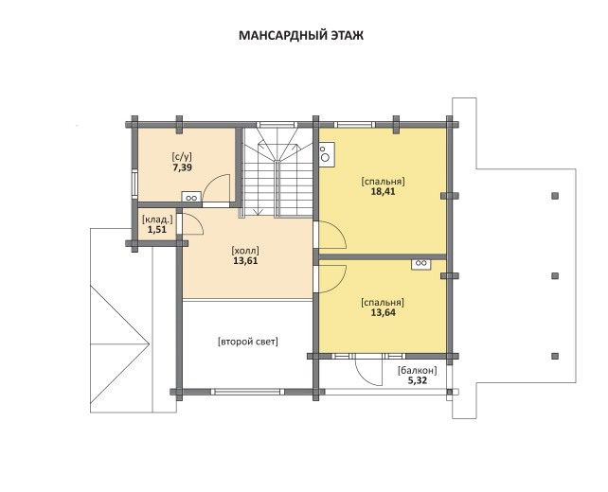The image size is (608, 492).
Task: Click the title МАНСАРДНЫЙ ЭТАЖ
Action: click(301, 35)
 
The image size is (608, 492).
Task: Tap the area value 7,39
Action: click(182, 167)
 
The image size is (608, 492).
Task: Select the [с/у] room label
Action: click(182, 157)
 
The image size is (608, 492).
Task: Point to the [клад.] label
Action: click(157, 220)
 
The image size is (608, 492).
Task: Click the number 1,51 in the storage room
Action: click(156, 229)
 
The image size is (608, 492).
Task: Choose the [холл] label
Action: click(245, 251)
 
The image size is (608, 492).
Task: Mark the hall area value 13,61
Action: click(245, 261)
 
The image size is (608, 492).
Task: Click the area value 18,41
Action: click(384, 191)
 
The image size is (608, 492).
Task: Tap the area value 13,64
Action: click(384, 312)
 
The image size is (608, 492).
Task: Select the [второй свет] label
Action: click(248, 343)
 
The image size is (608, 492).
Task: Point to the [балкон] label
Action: click(418, 371)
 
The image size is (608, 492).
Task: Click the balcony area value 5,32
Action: click(418, 380)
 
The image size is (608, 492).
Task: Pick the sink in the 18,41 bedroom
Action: click(327, 154)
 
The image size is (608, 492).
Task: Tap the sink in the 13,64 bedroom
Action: click(421, 264)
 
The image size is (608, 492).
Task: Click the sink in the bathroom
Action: click(191, 197)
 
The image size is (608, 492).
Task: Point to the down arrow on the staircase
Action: click(258, 212)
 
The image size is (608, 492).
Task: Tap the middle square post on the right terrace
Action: click(555, 276)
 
